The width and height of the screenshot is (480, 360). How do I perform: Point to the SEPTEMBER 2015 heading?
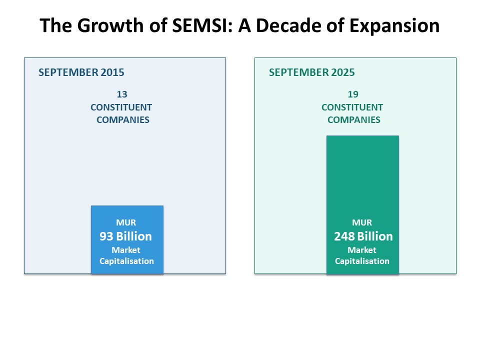81,72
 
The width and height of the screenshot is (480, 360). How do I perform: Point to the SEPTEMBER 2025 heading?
312,72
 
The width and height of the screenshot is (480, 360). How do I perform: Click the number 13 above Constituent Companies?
122,94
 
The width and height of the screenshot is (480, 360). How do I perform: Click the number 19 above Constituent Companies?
353,94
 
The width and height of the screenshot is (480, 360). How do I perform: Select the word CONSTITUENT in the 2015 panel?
121,107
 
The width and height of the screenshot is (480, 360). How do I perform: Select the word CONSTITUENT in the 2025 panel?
352,107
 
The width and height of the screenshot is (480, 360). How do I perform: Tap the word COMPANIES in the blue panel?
123,120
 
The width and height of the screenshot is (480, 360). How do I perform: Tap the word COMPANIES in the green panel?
354,120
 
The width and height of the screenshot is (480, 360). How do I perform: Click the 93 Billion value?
126,236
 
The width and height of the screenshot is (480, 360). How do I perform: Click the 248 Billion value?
363,236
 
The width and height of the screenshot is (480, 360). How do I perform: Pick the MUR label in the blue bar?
126,222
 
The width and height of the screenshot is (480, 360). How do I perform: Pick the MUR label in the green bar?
362,222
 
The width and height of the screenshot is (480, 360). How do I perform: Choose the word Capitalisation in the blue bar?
126,261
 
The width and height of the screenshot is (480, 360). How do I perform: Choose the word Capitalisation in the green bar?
362,261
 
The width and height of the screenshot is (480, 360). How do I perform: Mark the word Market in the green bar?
362,250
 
